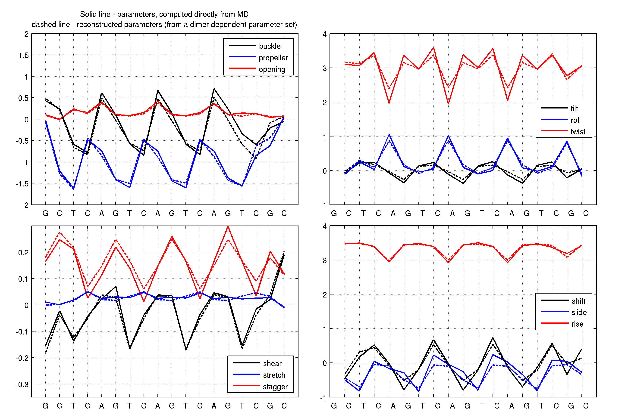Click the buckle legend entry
tap(254, 46)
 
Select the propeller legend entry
tap(258, 58)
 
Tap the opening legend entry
tap(257, 69)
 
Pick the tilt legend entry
tap(559, 108)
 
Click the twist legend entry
tap(563, 131)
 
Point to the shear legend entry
tap(257, 363)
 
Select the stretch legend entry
tap(259, 375)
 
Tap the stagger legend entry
tap(260, 386)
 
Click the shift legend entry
tap(563, 301)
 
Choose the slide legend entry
tap(564, 312)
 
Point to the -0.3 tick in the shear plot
tap(22, 384)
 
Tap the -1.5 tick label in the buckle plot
tap(22, 184)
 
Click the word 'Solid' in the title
tap(88, 14)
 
